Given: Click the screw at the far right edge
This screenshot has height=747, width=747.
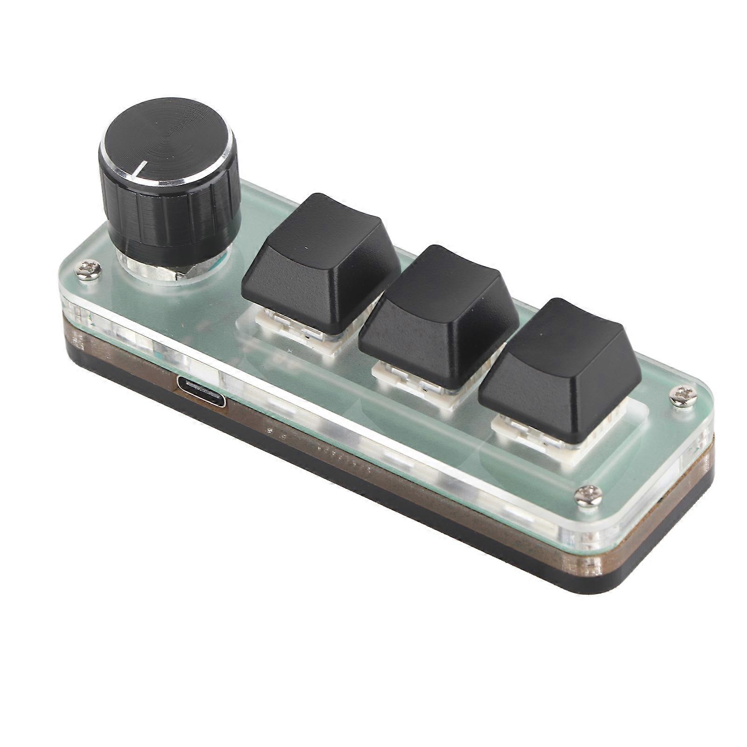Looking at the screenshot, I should click(680, 395).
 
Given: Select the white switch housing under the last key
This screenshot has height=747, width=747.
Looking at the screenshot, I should click(537, 436).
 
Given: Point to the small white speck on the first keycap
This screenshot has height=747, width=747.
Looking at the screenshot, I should click(306, 247).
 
